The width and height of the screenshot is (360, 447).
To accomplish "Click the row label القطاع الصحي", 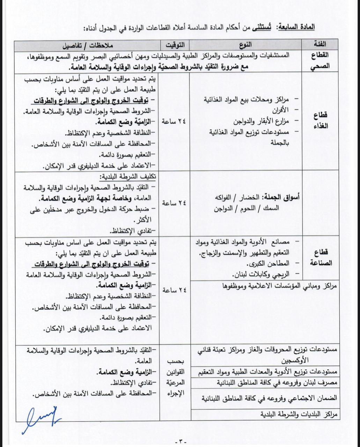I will point(319,60).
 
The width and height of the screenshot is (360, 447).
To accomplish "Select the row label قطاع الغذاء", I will point(319,120).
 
